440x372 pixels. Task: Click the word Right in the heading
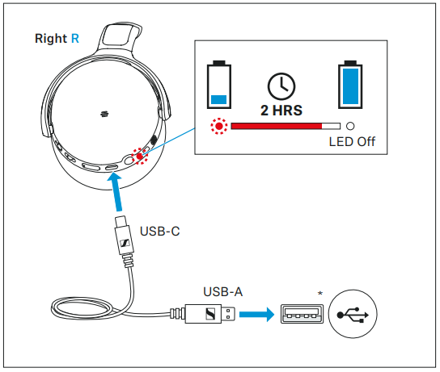pyautogui.click(x=51, y=39)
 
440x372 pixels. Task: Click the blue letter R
pyautogui.click(x=75, y=39)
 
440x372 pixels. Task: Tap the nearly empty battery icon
pyautogui.click(x=219, y=85)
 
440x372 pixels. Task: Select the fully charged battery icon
pyautogui.click(x=350, y=85)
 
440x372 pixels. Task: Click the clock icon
pyautogui.click(x=281, y=86)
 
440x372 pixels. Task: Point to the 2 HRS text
pyautogui.click(x=281, y=111)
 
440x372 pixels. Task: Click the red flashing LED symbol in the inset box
pyautogui.click(x=219, y=126)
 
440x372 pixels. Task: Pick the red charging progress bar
pyautogui.click(x=277, y=126)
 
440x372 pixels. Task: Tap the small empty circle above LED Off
pyautogui.click(x=350, y=126)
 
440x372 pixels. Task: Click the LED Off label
pyautogui.click(x=352, y=142)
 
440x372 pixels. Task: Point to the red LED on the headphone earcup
pyautogui.click(x=140, y=157)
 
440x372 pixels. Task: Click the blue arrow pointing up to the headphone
pyautogui.click(x=116, y=192)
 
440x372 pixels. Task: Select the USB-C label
pyautogui.click(x=159, y=232)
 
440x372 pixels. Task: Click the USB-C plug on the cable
pyautogui.click(x=124, y=240)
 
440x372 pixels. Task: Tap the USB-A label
pyautogui.click(x=222, y=292)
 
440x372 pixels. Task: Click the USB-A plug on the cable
pyautogui.click(x=202, y=315)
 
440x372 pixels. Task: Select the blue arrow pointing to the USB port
pyautogui.click(x=256, y=315)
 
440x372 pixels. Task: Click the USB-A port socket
pyautogui.click(x=302, y=314)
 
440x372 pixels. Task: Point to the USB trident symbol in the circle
pyautogui.click(x=353, y=315)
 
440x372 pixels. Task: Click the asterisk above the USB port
pyautogui.click(x=320, y=294)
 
